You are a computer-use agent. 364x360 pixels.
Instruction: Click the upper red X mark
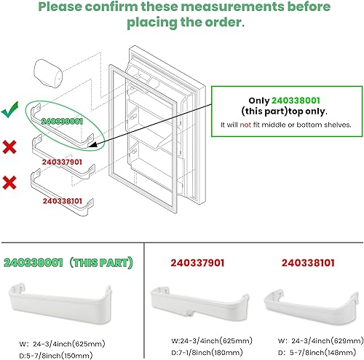tap(10, 148)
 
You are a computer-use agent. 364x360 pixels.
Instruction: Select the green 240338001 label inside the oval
tap(62, 121)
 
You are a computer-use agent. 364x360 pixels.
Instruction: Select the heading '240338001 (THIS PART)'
tap(68, 262)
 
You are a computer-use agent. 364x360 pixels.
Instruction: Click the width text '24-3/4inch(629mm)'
tap(320, 340)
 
